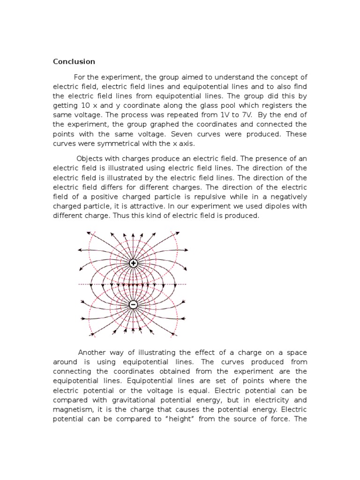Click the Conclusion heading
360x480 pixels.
(74, 61)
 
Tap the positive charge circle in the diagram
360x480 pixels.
(133, 264)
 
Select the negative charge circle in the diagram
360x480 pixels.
(133, 305)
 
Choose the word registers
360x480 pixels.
(277, 105)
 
